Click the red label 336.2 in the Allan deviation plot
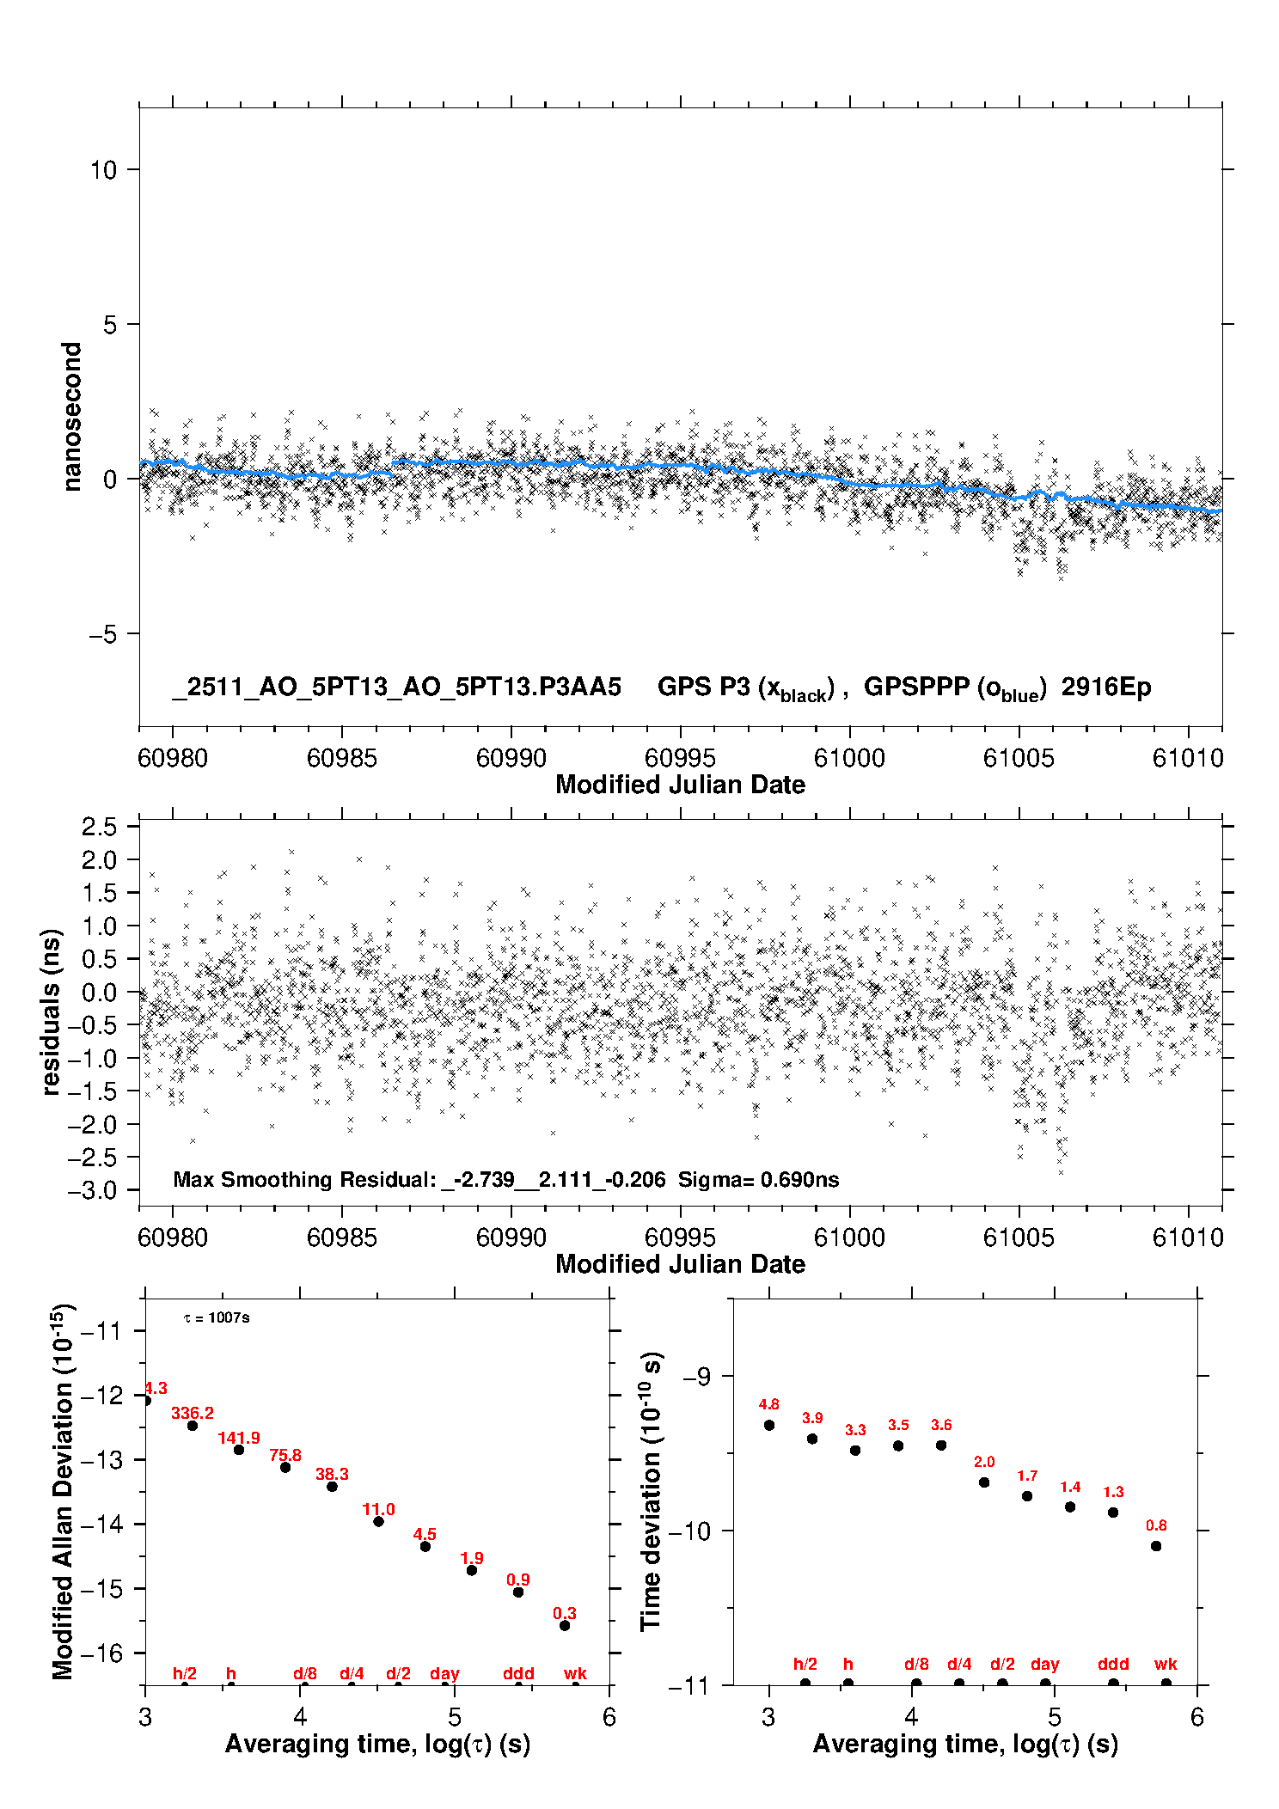[x=192, y=1413]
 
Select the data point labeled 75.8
[x=285, y=1467]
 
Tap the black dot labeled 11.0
[x=378, y=1521]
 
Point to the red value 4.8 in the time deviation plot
[x=768, y=1404]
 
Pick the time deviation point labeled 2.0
[x=984, y=1482]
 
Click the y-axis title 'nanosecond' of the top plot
[x=72, y=417]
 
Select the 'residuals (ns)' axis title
[x=52, y=1011]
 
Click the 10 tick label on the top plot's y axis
[x=103, y=170]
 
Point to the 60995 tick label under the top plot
[x=680, y=758]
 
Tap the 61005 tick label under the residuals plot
[x=1019, y=1238]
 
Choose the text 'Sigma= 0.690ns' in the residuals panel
[x=758, y=1179]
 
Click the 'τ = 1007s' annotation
[x=217, y=1318]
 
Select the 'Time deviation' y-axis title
[x=651, y=1491]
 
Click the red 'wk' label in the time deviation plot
[x=1166, y=1665]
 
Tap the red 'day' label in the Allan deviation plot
[x=444, y=1673]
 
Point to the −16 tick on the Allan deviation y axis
[x=101, y=1653]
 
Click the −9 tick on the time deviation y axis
[x=697, y=1377]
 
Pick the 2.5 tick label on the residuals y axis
[x=99, y=827]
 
